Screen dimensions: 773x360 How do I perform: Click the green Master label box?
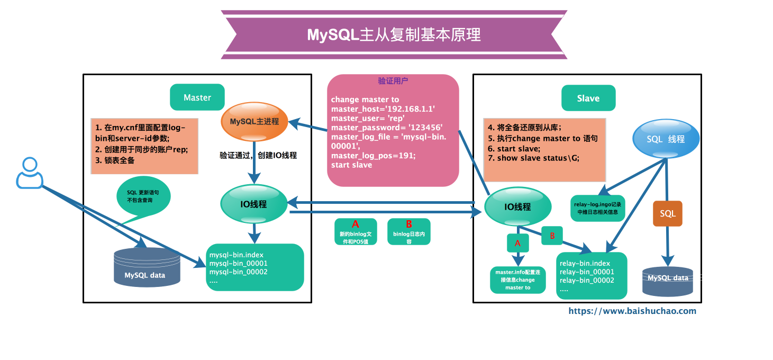coord(197,97)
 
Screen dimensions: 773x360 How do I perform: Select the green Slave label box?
coord(588,98)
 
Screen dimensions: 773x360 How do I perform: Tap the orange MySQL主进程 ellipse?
coord(254,121)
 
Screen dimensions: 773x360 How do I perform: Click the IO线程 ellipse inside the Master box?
coord(254,204)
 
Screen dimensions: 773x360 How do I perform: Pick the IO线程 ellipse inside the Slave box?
coord(517,206)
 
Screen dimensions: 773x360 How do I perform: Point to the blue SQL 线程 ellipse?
coord(666,139)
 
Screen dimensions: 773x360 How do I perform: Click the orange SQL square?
coord(668,214)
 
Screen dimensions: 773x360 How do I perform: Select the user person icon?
coord(30,173)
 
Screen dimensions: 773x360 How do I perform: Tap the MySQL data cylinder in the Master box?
coord(147,267)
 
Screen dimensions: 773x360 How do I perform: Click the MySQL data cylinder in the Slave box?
coord(668,281)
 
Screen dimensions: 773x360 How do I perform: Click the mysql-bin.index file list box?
coord(255,267)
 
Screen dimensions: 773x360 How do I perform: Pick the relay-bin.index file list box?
coord(592,276)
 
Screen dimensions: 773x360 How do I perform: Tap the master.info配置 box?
coord(518,280)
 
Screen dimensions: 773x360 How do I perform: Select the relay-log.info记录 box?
coord(598,208)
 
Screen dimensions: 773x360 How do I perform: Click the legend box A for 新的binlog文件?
coord(356,231)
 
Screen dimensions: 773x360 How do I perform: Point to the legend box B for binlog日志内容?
coord(409,231)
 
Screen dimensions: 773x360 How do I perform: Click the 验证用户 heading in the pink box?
coord(393,81)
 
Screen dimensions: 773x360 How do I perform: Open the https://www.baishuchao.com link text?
coord(632,311)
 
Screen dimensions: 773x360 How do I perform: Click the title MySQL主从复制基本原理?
coord(394,35)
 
